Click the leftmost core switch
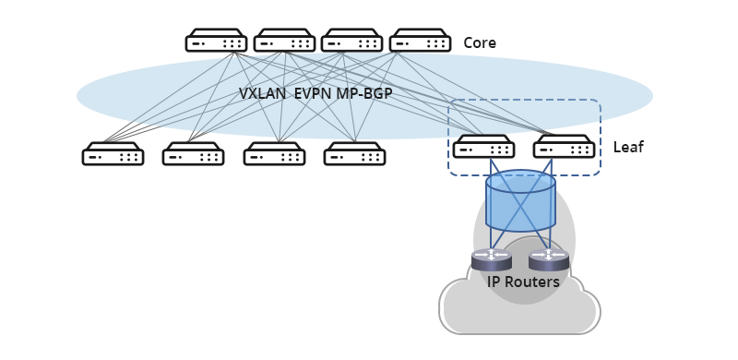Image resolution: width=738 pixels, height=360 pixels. [216, 41]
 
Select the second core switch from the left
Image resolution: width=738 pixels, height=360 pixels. [284, 41]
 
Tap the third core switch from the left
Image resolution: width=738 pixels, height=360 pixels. [351, 41]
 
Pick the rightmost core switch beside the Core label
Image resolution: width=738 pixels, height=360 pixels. [420, 41]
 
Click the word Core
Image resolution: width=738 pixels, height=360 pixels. [480, 43]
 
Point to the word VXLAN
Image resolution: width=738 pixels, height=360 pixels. [262, 94]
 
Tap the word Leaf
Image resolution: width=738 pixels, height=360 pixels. [628, 148]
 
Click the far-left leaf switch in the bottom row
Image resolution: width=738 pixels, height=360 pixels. [113, 154]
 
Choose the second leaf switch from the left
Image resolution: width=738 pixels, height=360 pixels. [193, 154]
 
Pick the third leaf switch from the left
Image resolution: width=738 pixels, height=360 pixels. [274, 154]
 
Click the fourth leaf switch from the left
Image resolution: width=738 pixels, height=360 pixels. [354, 154]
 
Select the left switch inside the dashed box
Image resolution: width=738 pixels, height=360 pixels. [483, 147]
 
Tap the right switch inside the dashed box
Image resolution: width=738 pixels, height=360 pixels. [564, 147]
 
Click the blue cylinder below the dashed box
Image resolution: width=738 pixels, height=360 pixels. [520, 201]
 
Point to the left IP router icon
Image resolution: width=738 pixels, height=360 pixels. [491, 259]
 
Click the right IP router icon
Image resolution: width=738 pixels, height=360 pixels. [549, 259]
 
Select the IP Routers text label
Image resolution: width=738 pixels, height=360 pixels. [523, 282]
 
